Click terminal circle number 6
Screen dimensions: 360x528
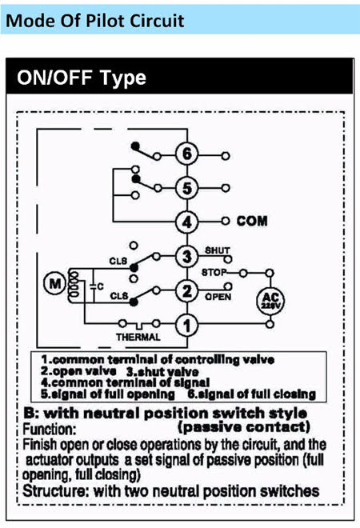187,154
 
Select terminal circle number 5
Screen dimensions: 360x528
187,188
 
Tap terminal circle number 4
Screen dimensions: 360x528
187,222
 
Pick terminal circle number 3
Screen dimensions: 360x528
187,257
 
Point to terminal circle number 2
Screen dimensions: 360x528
187,291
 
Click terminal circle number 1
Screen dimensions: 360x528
187,325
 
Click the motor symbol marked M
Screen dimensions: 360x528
54,284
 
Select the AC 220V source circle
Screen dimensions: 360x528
270,301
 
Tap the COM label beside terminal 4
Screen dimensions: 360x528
252,222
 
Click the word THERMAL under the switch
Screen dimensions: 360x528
138,337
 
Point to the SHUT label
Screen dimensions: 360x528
218,250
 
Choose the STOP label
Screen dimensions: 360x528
214,272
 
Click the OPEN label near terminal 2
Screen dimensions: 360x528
218,297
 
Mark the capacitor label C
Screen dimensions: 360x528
100,286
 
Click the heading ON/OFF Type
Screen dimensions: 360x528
82,78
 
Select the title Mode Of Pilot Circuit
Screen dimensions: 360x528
95,21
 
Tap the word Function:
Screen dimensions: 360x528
49,430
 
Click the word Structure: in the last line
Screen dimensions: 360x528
55,491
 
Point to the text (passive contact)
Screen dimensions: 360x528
244,427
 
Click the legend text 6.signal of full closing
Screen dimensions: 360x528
252,394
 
